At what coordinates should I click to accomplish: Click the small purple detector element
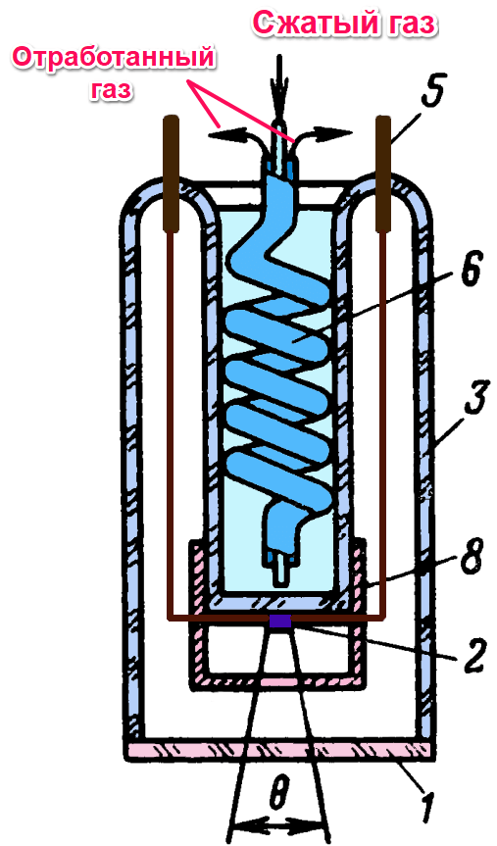280,621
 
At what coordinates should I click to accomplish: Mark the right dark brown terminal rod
382,174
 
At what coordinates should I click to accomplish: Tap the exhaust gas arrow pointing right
323,135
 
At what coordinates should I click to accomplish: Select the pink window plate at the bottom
279,751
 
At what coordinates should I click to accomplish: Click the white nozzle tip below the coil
280,570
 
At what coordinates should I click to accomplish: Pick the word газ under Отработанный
111,89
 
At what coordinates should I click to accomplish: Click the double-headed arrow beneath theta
279,826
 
